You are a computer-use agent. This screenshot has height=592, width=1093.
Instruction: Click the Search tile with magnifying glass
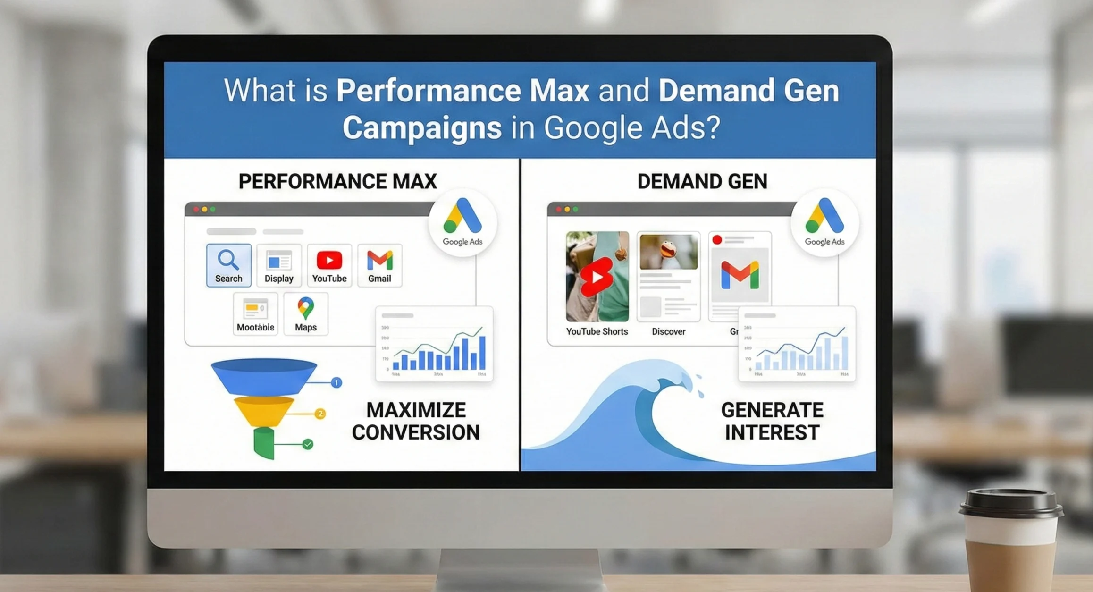coord(228,265)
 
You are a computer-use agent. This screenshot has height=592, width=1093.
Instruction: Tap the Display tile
coord(279,265)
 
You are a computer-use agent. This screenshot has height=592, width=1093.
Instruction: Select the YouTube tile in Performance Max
coord(329,265)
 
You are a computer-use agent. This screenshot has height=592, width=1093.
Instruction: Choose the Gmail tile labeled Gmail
coord(379,265)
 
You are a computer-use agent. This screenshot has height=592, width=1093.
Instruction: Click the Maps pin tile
coord(306,314)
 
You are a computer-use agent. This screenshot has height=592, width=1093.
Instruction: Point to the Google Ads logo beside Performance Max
coord(462,222)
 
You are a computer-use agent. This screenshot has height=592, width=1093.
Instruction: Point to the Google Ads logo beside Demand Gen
coord(824,222)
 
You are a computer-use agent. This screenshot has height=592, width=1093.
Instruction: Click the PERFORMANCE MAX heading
coord(337,181)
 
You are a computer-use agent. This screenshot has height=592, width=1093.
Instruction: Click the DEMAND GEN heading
coord(702,181)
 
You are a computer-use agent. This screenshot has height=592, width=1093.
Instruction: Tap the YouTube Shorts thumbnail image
coord(597,276)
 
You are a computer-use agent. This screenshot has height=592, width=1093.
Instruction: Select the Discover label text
coord(668,331)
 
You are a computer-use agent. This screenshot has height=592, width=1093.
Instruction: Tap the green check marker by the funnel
coord(308,444)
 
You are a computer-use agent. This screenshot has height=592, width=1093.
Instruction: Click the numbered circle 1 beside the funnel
coord(336,382)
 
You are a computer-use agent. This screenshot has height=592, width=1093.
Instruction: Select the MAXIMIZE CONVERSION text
coord(416,421)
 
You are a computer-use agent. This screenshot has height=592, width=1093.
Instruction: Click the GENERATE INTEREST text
coord(772,421)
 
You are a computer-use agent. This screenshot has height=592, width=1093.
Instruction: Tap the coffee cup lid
coord(1011,503)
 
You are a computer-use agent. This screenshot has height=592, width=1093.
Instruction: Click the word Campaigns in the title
coord(422,128)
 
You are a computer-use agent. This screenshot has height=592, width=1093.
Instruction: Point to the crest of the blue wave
coord(661,373)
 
